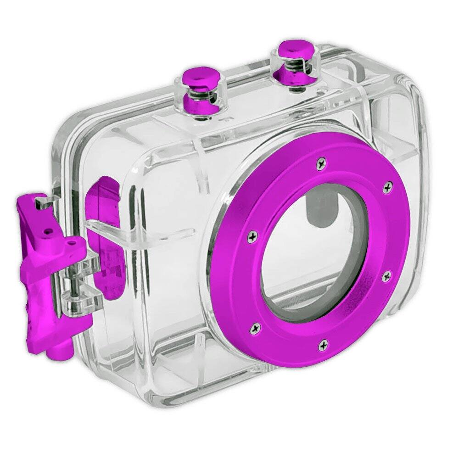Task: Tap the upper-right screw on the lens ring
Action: coord(388,187)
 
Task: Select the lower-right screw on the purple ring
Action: coord(386,276)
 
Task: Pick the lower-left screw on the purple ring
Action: coord(254,328)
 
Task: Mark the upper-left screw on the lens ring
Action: coord(252,236)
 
